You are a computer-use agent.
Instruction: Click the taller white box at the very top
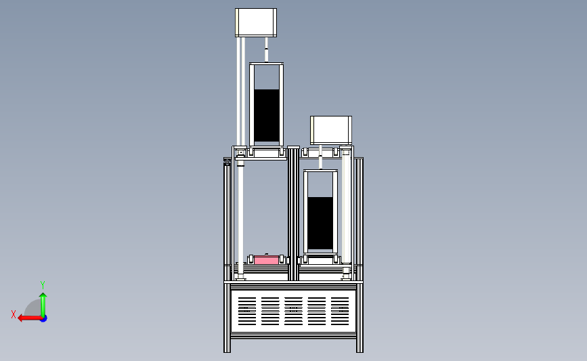point(256,22)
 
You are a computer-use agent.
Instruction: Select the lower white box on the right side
point(331,130)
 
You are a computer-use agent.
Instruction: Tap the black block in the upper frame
point(267,115)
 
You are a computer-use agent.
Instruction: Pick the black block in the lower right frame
point(320,224)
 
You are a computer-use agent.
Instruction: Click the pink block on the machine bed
point(266,259)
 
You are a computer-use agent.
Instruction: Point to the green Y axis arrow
point(43,305)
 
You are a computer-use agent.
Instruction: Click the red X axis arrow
point(30,318)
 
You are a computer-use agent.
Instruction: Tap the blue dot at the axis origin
point(43,318)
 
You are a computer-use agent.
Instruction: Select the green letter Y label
point(43,285)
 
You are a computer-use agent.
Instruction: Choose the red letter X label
point(14,314)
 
